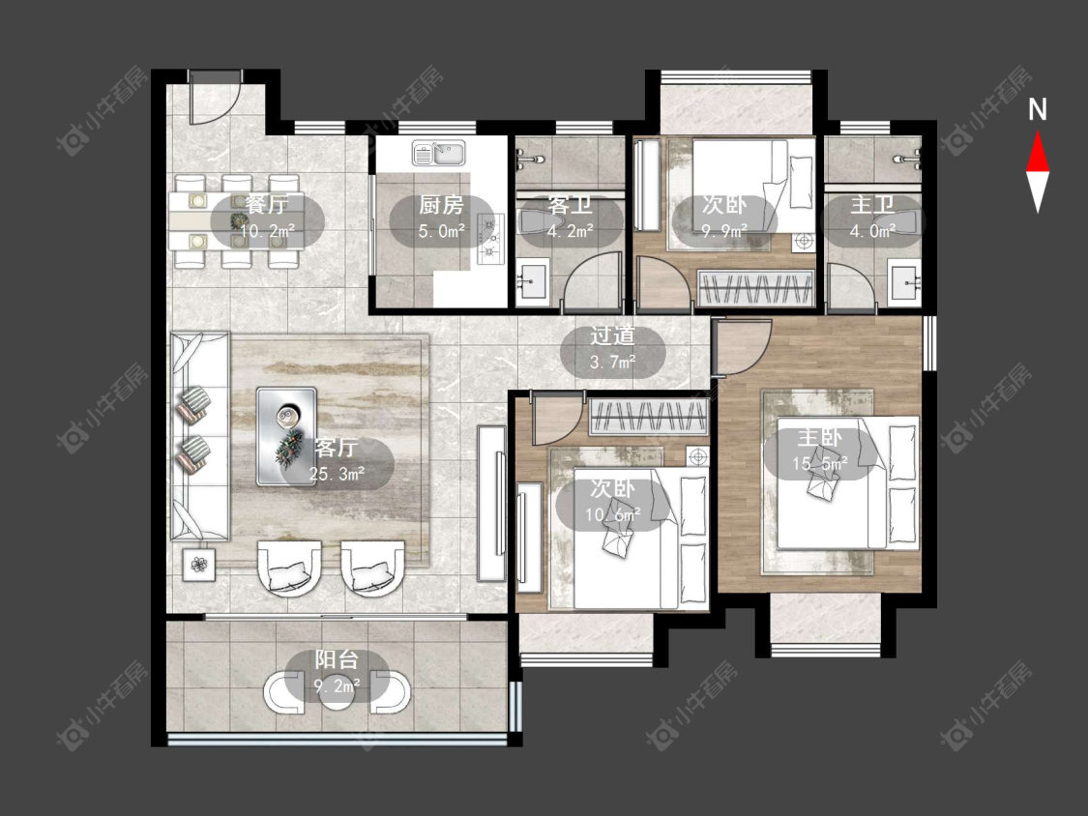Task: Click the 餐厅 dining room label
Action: [x=266, y=205]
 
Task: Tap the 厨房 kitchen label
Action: [x=441, y=205]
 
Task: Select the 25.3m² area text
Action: [x=338, y=475]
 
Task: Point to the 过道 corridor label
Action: [x=613, y=335]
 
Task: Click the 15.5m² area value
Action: [x=820, y=463]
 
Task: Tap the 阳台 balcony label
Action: [x=337, y=659]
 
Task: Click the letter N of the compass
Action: [x=1038, y=109]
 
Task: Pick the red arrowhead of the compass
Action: [x=1038, y=151]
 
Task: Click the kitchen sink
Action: [x=439, y=154]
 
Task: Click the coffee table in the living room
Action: [x=286, y=436]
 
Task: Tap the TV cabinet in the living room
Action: [x=491, y=503]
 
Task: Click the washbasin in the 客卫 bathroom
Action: [x=533, y=280]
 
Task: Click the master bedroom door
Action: [x=743, y=347]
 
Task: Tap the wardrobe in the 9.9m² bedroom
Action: [x=755, y=287]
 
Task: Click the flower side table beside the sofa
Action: [x=200, y=565]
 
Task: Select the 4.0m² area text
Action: [x=872, y=231]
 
